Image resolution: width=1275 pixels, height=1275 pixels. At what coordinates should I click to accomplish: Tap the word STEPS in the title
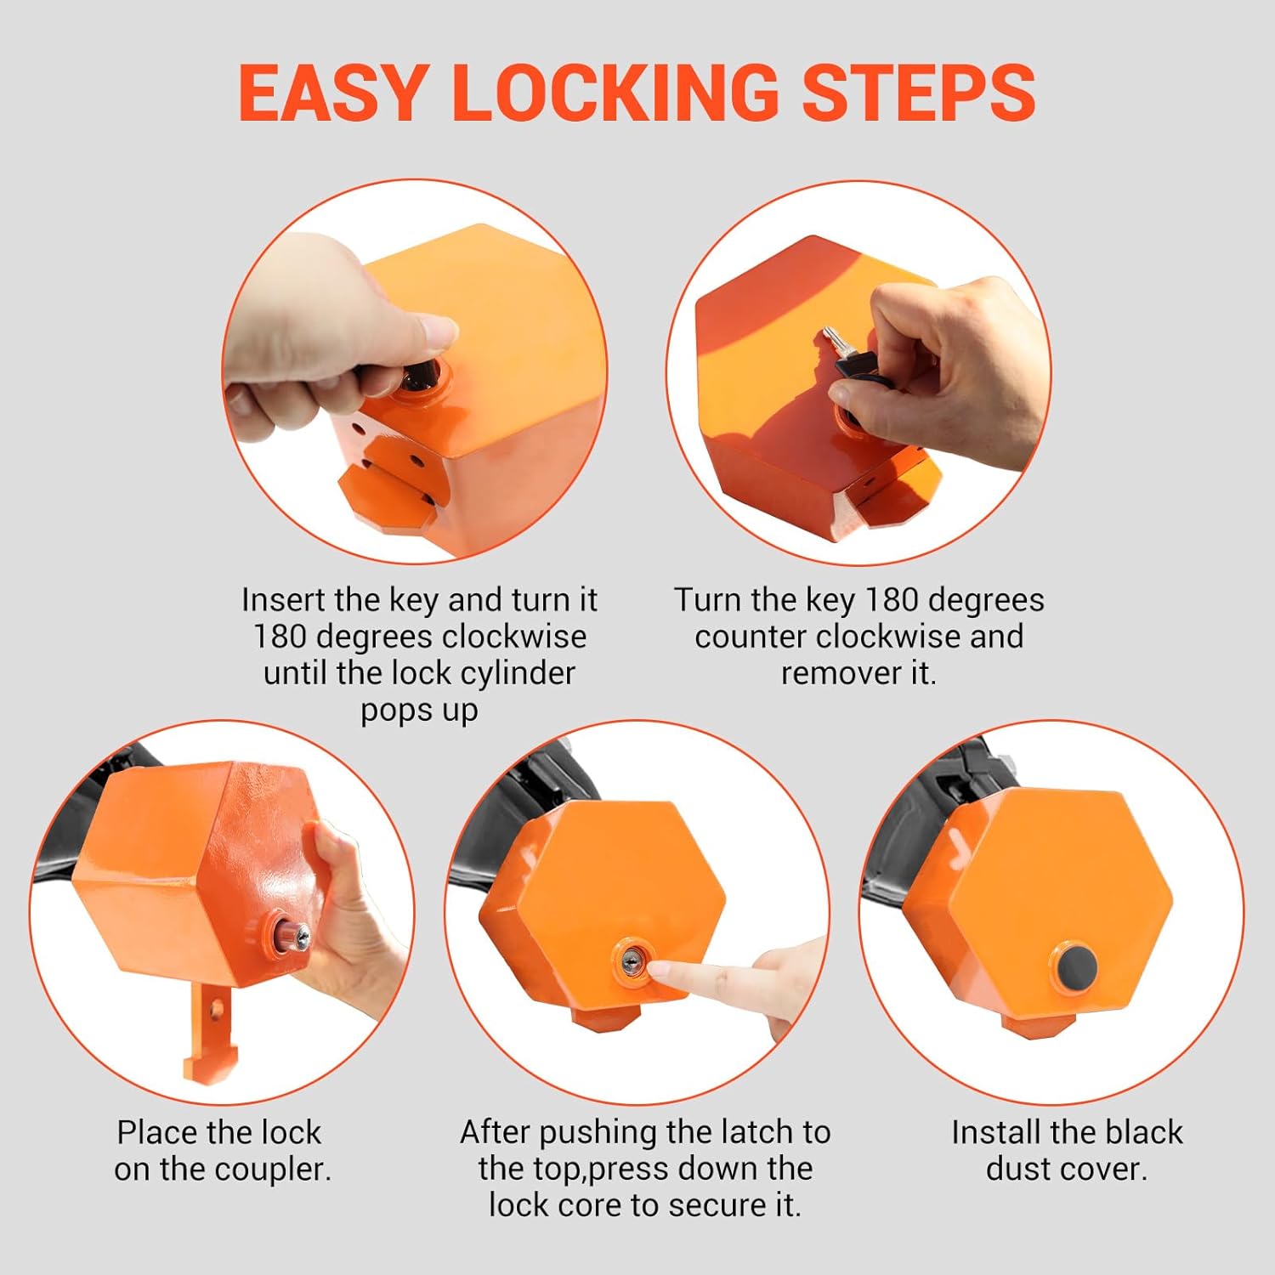(919, 92)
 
